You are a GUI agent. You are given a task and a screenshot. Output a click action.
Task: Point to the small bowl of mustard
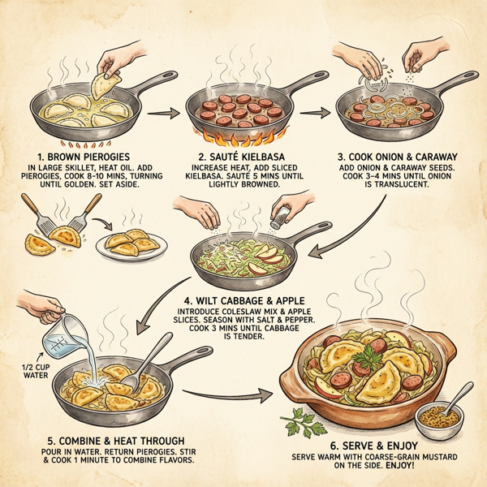438,420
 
